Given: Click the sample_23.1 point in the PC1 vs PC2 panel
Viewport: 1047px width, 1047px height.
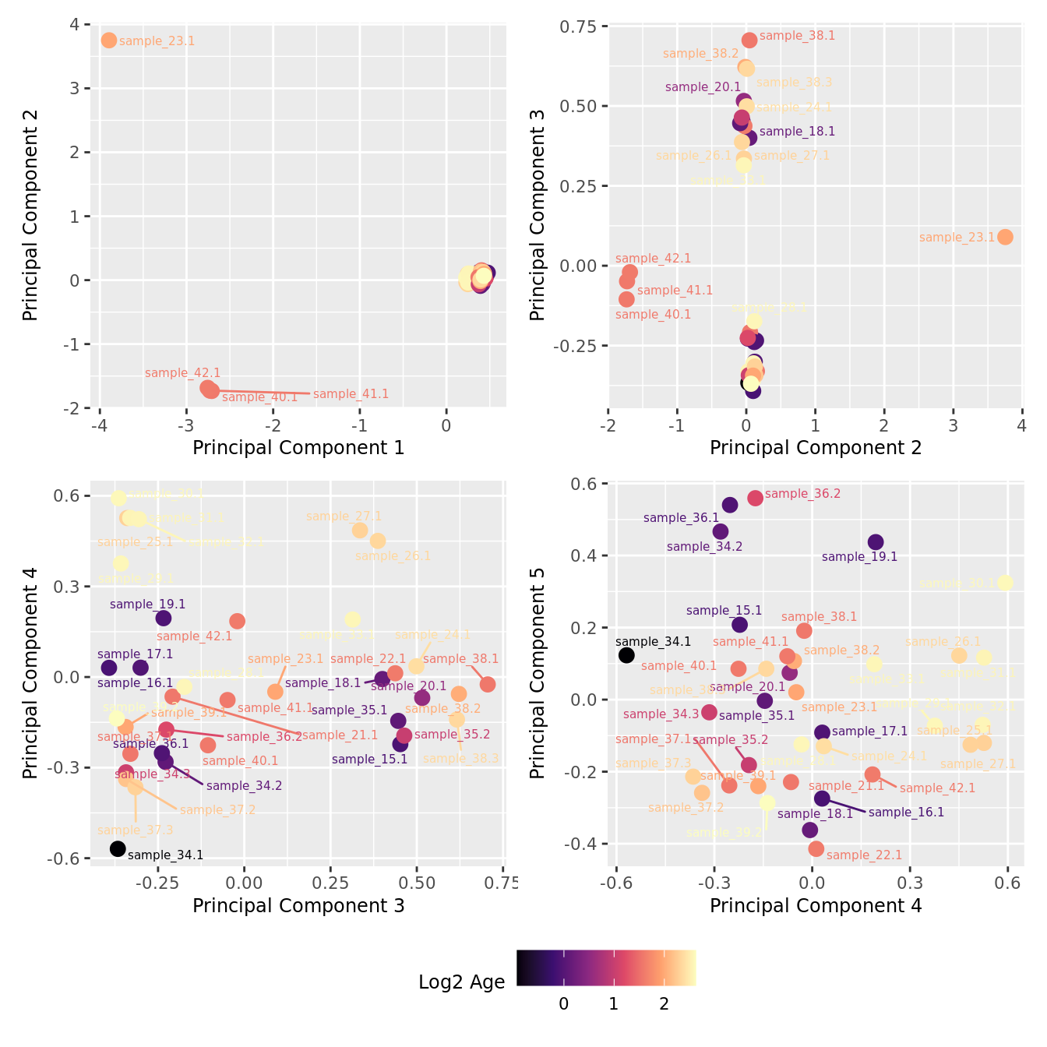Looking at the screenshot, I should coord(109,40).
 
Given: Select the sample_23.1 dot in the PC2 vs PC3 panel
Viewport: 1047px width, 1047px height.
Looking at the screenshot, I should coord(1005,237).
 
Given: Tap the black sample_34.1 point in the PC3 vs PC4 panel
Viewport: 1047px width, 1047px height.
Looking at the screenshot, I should coord(118,848).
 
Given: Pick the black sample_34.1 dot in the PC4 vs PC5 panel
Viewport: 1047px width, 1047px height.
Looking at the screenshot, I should coord(626,655).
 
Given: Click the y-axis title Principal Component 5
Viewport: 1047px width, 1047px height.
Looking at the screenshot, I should coord(538,672).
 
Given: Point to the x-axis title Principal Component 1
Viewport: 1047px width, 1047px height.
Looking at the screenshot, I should coord(298,448).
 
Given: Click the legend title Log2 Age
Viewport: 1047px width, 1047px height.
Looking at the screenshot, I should coord(462,982).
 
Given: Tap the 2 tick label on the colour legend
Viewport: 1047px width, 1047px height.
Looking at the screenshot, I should coord(664,1004).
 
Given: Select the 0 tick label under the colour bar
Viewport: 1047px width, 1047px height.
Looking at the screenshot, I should coord(564,1004).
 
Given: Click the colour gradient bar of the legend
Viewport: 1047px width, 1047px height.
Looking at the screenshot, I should coord(606,968).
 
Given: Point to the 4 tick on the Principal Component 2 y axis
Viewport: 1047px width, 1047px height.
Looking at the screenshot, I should coord(75,24).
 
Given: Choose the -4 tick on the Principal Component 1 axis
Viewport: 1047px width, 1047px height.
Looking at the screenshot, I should coord(99,425).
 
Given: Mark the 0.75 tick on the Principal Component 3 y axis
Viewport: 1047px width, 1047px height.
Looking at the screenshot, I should coord(578,26).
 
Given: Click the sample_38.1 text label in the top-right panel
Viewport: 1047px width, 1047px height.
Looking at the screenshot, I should coord(797,36).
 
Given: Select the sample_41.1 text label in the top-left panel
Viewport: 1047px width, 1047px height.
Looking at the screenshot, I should coord(351,394).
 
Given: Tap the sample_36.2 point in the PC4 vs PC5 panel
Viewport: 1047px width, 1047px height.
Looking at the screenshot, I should coord(755,498).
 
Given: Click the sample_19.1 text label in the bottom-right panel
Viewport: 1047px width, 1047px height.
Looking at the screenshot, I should coord(859,557).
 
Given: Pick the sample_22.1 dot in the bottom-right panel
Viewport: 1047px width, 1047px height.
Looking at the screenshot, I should coord(816,848).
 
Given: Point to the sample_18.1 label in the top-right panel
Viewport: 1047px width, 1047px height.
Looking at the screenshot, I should coord(797,132).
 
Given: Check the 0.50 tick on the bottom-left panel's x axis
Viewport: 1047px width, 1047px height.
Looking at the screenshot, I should coord(417,883).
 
